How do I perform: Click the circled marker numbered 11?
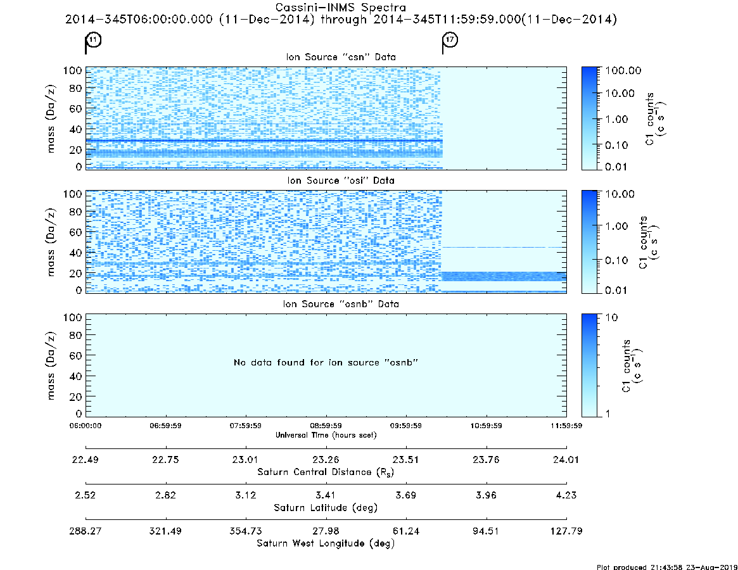pyautogui.click(x=94, y=39)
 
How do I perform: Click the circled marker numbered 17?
pyautogui.click(x=450, y=39)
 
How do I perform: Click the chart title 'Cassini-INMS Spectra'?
pyautogui.click(x=341, y=8)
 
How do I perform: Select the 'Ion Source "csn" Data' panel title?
pyautogui.click(x=341, y=57)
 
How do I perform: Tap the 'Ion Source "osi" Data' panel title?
pyautogui.click(x=341, y=180)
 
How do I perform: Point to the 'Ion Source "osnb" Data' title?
pyautogui.click(x=341, y=304)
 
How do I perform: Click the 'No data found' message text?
pyautogui.click(x=326, y=362)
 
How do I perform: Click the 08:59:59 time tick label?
pyautogui.click(x=326, y=426)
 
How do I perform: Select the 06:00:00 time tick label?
pyautogui.click(x=86, y=426)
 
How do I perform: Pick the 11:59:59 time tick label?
pyautogui.click(x=566, y=426)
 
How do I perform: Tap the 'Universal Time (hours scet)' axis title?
pyautogui.click(x=326, y=435)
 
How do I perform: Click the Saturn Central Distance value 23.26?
pyautogui.click(x=326, y=460)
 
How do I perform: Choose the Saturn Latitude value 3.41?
pyautogui.click(x=326, y=495)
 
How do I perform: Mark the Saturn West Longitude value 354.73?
pyautogui.click(x=246, y=531)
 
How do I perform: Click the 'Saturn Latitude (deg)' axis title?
pyautogui.click(x=326, y=508)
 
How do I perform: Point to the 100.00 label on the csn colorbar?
pyautogui.click(x=623, y=70)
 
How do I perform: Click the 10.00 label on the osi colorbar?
pyautogui.click(x=620, y=194)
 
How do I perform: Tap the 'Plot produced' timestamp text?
pyautogui.click(x=667, y=567)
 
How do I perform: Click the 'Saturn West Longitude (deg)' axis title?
pyautogui.click(x=326, y=543)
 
